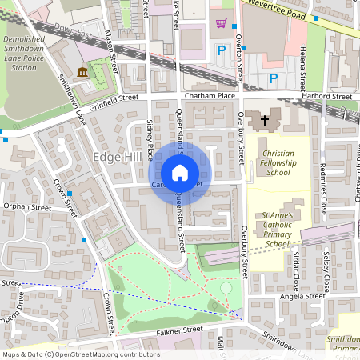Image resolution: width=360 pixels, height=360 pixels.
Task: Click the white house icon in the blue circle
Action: (180, 172)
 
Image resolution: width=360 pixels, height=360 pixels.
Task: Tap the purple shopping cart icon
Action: (221, 23)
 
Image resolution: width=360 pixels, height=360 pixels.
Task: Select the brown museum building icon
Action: (82, 74)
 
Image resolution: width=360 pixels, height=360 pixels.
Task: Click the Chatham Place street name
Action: (210, 96)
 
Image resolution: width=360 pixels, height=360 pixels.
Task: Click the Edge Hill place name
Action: (118, 156)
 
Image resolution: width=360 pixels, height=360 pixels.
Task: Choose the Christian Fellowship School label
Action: (278, 162)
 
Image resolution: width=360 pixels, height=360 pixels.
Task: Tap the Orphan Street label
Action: (26, 207)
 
